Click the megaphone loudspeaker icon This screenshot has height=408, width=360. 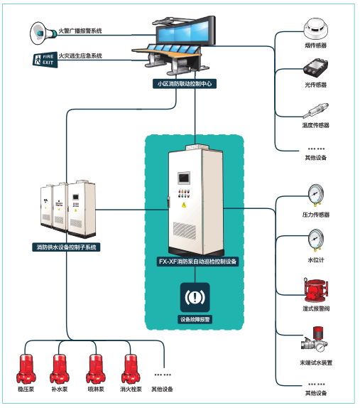pyautogui.click(x=43, y=33)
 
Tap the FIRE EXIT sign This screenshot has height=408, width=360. pyautogui.click(x=45, y=60)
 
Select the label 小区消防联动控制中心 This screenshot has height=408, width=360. pyautogui.click(x=185, y=84)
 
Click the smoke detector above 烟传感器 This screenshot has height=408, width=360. pyautogui.click(x=316, y=29)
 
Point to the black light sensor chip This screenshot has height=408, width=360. pyautogui.click(x=316, y=68)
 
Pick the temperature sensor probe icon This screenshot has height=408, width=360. pyautogui.click(x=316, y=111)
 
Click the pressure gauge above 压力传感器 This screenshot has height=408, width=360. pyautogui.click(x=316, y=195)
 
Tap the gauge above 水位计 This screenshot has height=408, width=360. pyautogui.click(x=316, y=240)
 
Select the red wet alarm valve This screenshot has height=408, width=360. pyautogui.click(x=316, y=291)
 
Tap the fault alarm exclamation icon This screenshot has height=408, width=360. pyautogui.click(x=195, y=297)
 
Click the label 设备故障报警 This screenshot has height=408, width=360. pyautogui.click(x=195, y=319)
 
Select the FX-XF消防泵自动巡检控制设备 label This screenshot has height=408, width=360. pyautogui.click(x=197, y=262)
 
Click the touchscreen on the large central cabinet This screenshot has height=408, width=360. pyautogui.click(x=184, y=178)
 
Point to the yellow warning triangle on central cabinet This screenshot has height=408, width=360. pyautogui.click(x=184, y=205)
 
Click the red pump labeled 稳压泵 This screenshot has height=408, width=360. pyautogui.click(x=26, y=369)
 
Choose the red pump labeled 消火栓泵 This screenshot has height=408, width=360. pyautogui.click(x=131, y=369)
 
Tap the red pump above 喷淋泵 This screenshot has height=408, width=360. pyautogui.click(x=96, y=369)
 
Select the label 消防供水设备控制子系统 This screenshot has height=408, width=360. pyautogui.click(x=66, y=247)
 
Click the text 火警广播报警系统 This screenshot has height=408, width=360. pyautogui.click(x=80, y=31)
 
